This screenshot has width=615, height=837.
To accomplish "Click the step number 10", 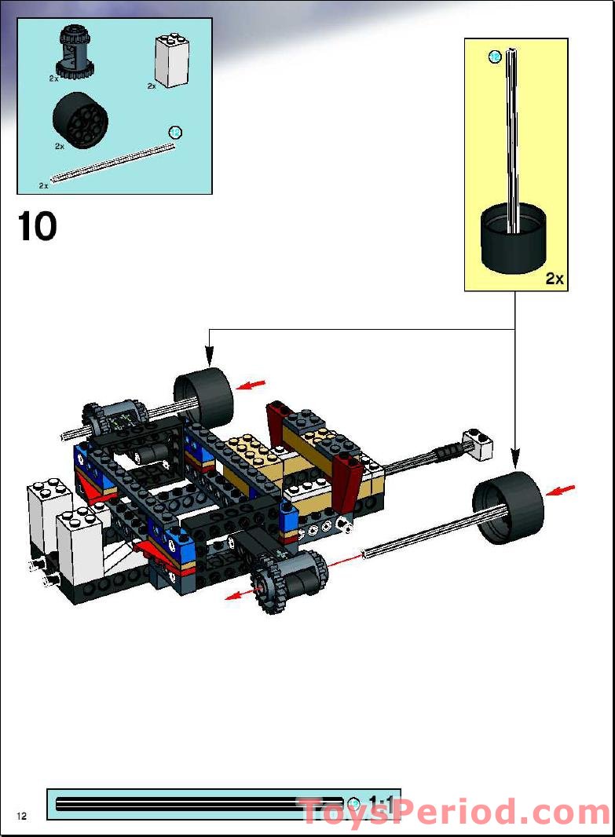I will pos(37,227).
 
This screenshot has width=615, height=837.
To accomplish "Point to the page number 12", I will pos(20,817).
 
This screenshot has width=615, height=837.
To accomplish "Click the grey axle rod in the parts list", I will pos(110,163).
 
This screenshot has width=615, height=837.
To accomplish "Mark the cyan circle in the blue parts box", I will pos(176,132).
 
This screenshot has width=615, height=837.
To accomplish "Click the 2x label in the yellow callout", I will pos(555,278).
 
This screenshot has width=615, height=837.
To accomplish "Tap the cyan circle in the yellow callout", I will pos(495,57).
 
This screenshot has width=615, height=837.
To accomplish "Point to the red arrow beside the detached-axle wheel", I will pos(560,490).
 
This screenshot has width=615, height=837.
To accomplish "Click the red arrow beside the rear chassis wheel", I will pos(251,385).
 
